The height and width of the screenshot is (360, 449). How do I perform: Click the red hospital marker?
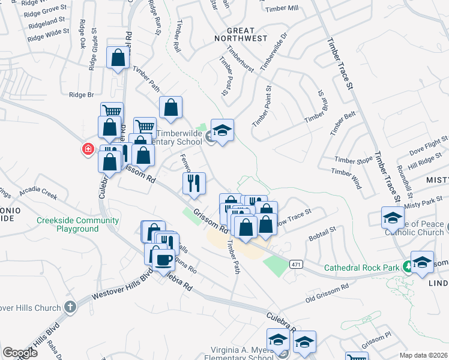88,149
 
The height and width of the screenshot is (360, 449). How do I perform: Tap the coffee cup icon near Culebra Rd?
163,260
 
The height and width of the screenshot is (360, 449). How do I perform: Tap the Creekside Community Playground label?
68,224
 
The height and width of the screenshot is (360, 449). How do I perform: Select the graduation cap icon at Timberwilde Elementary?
222,130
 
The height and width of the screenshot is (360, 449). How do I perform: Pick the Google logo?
20,352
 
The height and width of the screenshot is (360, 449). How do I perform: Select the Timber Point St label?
262,105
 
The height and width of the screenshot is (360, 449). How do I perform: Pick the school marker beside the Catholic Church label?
392,217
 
